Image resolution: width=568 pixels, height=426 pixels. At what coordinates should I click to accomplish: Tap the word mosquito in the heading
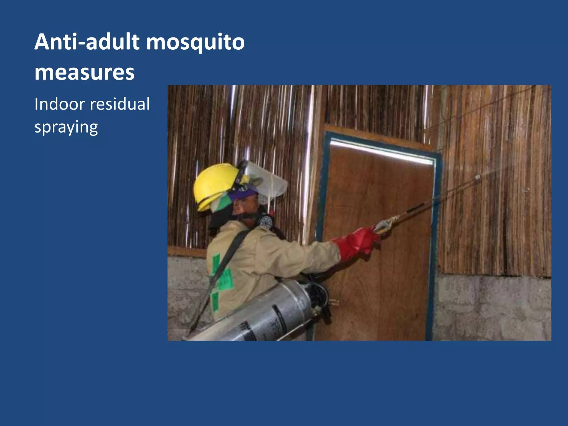click(x=195, y=43)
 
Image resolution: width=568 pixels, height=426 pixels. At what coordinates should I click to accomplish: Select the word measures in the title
click(x=84, y=73)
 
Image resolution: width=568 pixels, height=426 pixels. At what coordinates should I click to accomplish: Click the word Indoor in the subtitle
click(x=59, y=104)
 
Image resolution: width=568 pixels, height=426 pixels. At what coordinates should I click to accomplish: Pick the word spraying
click(x=66, y=127)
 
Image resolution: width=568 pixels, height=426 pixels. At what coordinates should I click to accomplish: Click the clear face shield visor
click(x=269, y=180)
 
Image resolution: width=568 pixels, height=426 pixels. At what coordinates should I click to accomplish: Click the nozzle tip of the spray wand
click(x=478, y=177)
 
